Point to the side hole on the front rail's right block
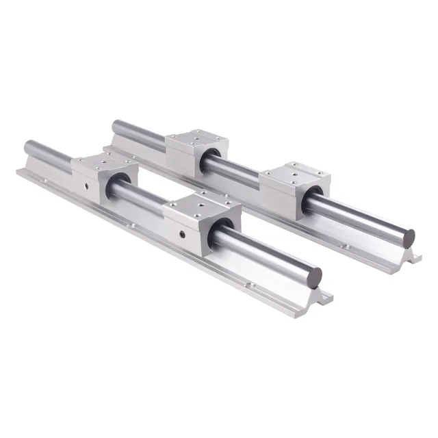coord(182,235)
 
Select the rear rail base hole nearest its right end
coord(346,247)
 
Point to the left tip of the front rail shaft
coord(28,146)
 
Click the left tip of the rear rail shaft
coord(116,126)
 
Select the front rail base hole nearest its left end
coord(42,181)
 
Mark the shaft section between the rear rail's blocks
coord(236,168)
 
